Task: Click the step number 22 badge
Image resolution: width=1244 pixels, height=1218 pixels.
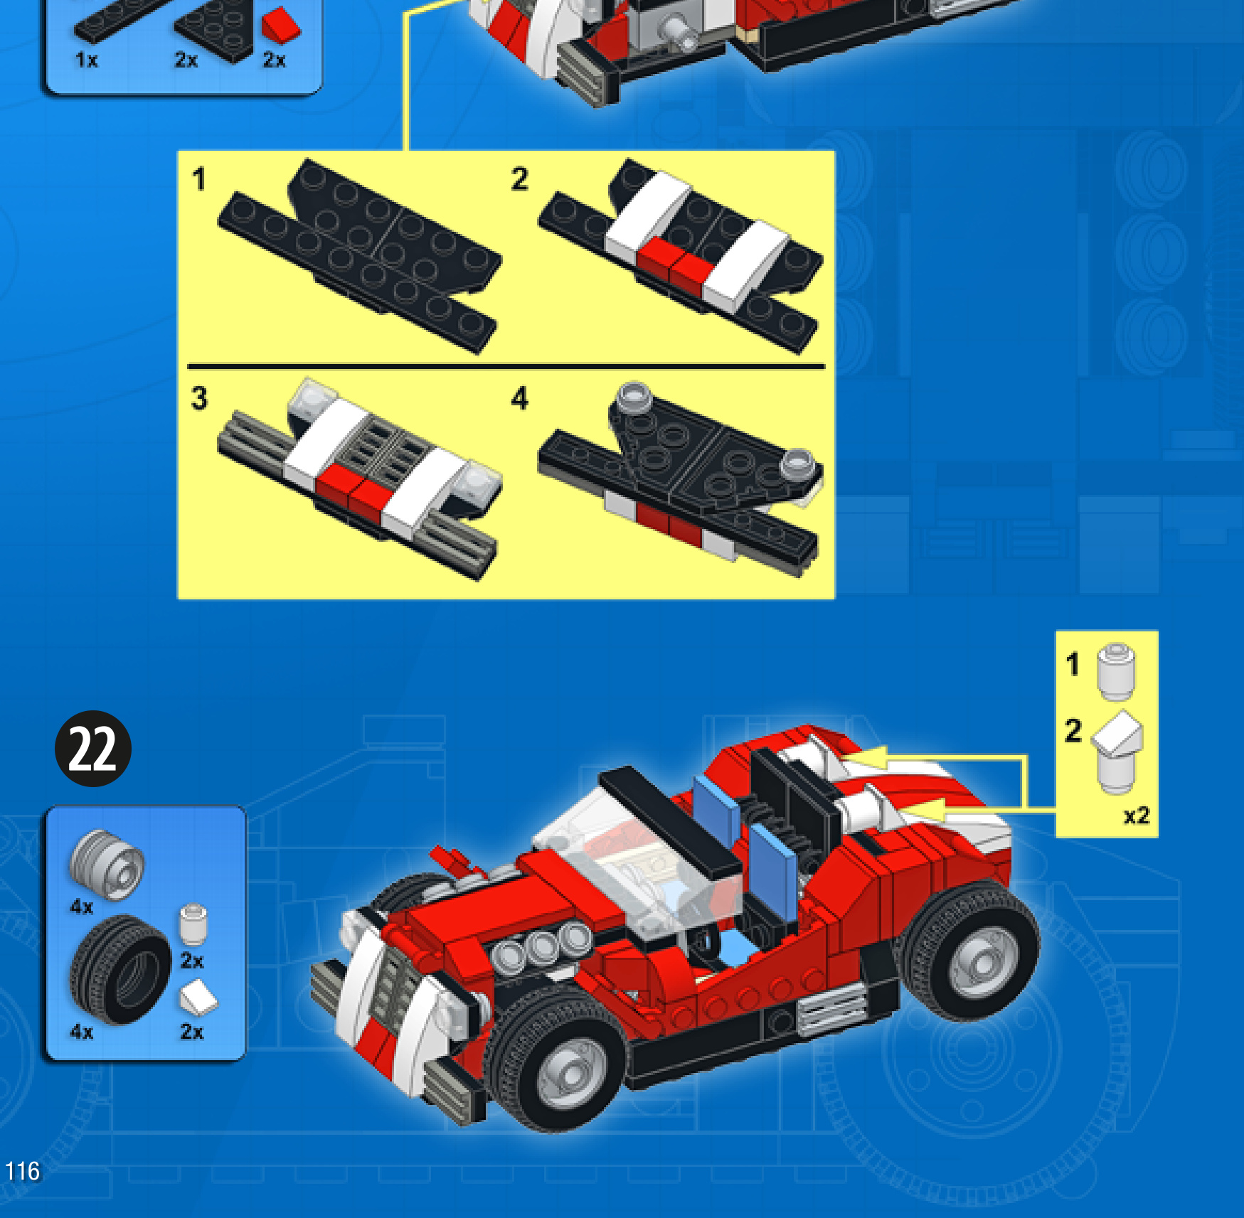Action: pos(93,748)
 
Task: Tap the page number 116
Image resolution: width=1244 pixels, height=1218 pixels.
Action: pos(23,1171)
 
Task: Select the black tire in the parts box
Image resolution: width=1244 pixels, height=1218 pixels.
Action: pos(119,969)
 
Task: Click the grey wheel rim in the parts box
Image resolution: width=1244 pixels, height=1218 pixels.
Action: pos(107,865)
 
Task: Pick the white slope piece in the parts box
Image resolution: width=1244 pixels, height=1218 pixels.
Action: pos(198,997)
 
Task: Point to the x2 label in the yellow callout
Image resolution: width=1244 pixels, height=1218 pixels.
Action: pos(1136,815)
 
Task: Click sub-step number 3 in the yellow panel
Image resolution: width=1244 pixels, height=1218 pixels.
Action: pos(199,398)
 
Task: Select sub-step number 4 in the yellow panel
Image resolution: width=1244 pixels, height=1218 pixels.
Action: pos(520,398)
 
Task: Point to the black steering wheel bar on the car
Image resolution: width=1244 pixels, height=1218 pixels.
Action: pos(670,822)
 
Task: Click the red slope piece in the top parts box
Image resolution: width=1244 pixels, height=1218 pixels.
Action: pos(281,25)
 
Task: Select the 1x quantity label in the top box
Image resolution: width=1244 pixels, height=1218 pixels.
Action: pos(86,60)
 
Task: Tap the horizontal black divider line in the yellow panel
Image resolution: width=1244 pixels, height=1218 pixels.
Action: pos(506,367)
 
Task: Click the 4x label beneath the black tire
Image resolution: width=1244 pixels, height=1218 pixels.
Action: pos(81,1032)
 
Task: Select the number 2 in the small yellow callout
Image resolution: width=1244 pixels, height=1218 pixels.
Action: pos(1073,731)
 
